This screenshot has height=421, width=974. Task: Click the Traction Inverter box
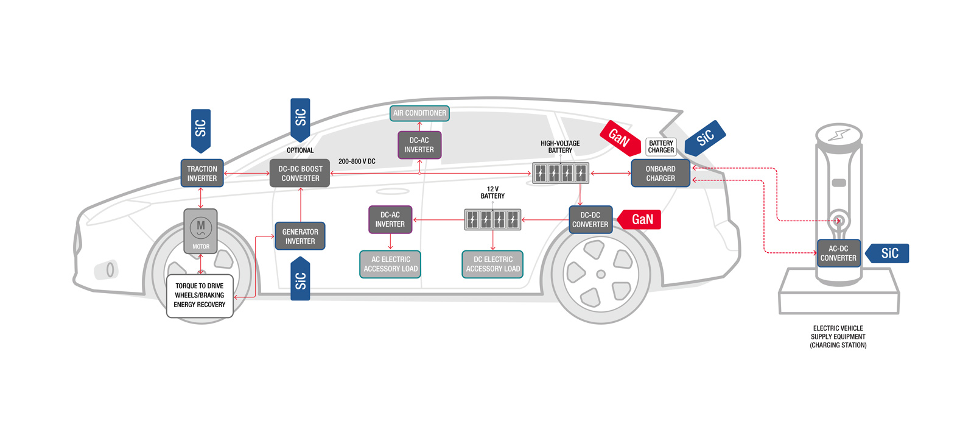point(201,174)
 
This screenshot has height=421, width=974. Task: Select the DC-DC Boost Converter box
point(300,174)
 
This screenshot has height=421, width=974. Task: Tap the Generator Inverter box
point(300,236)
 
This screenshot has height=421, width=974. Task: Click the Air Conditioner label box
point(419,113)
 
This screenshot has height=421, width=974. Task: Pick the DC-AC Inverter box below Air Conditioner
point(419,145)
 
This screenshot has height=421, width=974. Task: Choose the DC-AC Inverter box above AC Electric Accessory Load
point(390,219)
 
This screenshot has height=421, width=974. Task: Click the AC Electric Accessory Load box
point(390,264)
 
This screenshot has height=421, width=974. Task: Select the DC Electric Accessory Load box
point(492,264)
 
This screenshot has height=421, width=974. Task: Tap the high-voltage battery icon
point(560,174)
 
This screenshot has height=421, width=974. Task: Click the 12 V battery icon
point(492,219)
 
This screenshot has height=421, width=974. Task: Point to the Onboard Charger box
point(660,174)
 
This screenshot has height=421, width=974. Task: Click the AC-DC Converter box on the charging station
point(838,253)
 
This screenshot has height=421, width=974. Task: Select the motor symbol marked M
point(201,228)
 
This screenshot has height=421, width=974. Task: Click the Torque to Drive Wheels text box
point(200,295)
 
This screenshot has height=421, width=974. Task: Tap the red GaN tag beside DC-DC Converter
point(640,219)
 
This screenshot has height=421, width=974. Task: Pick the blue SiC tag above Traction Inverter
point(201,129)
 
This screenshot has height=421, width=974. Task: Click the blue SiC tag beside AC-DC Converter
point(888,253)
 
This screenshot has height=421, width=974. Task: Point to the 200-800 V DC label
point(357,161)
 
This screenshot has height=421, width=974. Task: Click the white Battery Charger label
point(661,147)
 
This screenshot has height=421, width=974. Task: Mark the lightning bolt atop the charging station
point(839,134)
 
